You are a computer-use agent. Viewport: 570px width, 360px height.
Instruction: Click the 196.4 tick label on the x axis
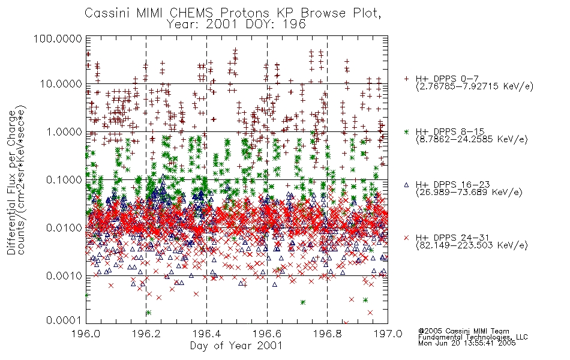206,334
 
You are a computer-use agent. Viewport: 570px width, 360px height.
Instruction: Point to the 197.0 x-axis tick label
388,334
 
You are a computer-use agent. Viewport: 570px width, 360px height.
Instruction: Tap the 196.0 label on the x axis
86,334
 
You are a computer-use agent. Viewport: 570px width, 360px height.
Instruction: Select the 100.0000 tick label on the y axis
58,38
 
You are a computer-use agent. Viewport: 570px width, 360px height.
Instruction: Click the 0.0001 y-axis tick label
64,320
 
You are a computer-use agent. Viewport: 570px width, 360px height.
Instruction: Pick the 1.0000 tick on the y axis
64,131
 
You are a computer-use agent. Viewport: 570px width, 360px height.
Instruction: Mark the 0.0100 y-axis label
64,228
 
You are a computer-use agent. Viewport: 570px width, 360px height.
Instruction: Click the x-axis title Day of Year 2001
236,346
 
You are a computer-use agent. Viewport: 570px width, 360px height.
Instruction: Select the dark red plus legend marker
407,79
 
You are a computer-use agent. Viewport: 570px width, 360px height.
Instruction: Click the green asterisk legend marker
407,131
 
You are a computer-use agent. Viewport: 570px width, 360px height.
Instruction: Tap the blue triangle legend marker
407,185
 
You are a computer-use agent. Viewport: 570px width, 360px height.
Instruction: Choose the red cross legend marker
407,238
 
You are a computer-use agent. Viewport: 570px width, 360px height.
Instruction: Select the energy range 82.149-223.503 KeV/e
472,245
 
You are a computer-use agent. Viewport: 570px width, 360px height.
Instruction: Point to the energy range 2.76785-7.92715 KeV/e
475,86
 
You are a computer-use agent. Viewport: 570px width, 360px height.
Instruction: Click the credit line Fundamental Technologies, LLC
473,337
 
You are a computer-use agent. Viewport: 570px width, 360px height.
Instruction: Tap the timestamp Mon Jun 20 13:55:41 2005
467,343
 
